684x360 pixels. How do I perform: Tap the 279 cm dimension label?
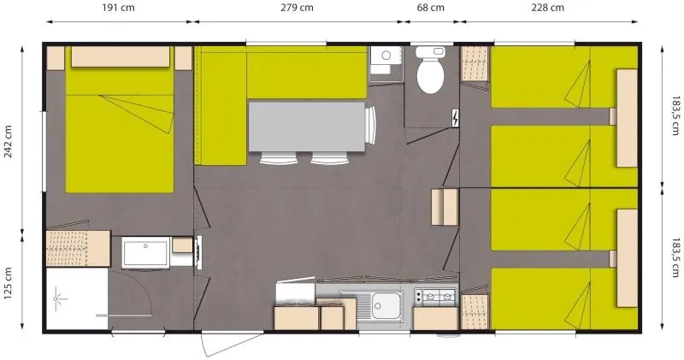click(x=297, y=9)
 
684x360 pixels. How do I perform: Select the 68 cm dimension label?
click(x=430, y=9)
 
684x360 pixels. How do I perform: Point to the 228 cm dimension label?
click(x=547, y=9)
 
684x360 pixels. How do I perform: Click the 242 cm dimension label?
click(x=9, y=142)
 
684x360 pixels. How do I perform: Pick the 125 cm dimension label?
click(x=9, y=282)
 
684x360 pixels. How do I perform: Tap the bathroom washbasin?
click(x=144, y=253)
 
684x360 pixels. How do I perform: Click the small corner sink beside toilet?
click(x=385, y=57)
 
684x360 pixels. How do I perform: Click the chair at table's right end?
click(x=370, y=126)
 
